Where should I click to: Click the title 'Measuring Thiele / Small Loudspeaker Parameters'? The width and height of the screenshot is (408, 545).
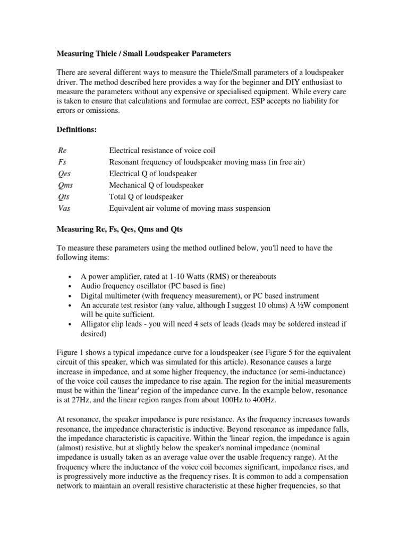coord(144,54)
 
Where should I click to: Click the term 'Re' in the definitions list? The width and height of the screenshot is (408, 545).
coord(61,151)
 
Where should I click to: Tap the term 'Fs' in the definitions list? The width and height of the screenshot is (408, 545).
coord(61,162)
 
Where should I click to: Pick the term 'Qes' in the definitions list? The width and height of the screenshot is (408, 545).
coord(63,174)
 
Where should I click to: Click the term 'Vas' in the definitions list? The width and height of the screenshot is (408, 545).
coord(63,209)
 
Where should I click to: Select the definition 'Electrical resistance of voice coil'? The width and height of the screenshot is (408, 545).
coord(162,151)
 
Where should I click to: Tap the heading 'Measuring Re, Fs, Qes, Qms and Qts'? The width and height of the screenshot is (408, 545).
coord(125,229)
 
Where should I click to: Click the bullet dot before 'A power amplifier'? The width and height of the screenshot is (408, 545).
coord(70,277)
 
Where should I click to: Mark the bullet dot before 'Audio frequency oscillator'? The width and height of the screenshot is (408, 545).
coord(70,287)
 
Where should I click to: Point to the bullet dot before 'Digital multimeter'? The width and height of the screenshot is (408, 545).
coord(70,296)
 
